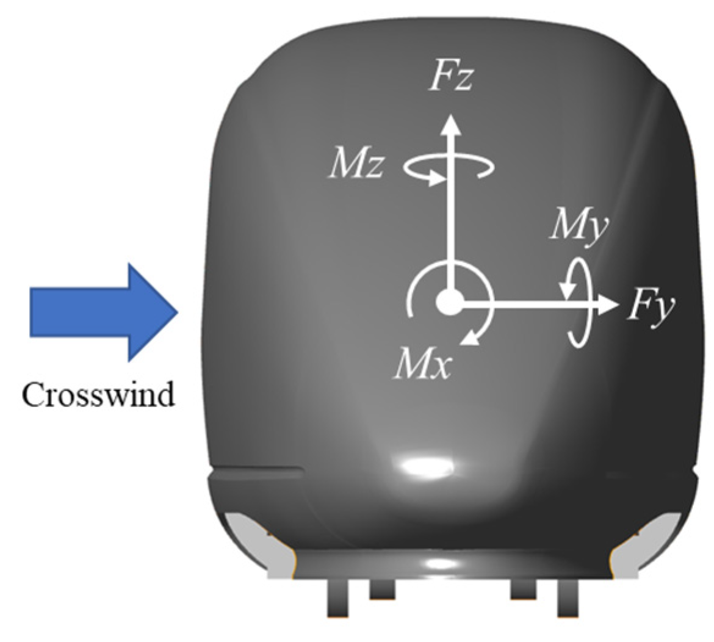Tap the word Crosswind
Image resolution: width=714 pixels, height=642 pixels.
[98, 395]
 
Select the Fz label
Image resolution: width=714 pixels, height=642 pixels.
[450, 78]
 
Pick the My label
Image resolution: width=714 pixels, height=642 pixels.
[579, 226]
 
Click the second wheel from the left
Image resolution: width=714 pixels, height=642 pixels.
[382, 589]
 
